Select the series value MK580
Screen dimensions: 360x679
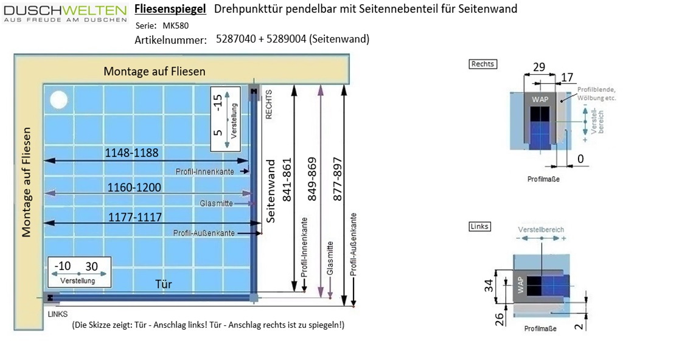tap(176, 26)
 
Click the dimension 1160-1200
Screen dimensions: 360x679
tap(134, 188)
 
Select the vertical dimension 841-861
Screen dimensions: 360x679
tap(288, 181)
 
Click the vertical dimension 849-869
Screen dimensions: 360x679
tap(312, 181)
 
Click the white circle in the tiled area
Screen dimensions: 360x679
tap(58, 99)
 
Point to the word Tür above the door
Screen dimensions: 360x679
tap(164, 284)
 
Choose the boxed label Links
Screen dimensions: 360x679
tap(479, 226)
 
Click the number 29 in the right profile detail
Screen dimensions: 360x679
tap(539, 67)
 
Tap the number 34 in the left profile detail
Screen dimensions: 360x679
tap(488, 286)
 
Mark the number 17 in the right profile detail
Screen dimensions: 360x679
tap(566, 78)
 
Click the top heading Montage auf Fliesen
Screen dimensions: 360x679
tap(155, 71)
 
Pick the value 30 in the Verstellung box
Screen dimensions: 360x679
tap(91, 267)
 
